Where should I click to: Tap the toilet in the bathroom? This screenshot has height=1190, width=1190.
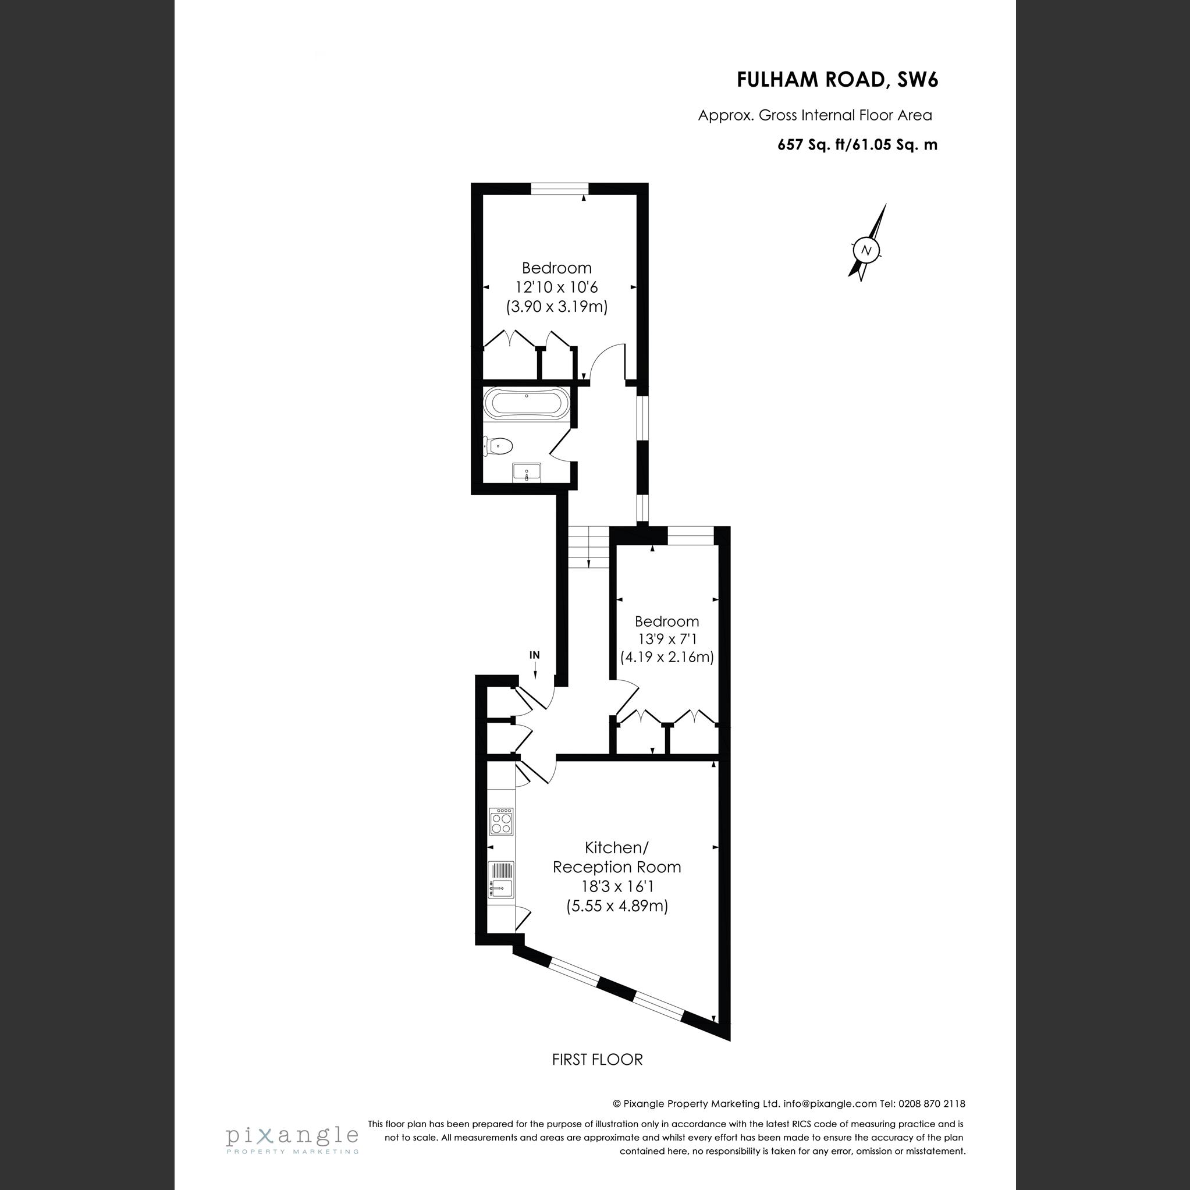pos(498,446)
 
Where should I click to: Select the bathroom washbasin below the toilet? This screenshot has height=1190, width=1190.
pos(527,473)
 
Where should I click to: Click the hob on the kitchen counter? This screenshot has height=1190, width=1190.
pos(501,822)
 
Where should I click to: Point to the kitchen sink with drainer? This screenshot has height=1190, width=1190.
pos(501,881)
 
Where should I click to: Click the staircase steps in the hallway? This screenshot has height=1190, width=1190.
pos(588,547)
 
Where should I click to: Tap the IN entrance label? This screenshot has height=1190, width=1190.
pos(535,655)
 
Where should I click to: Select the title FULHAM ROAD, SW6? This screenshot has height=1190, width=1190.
pos(837,80)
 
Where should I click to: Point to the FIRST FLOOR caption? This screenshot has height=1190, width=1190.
pos(597,1060)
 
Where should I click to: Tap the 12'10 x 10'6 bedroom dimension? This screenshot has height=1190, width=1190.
pos(556,287)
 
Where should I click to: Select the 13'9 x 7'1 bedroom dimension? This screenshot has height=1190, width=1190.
pos(667,640)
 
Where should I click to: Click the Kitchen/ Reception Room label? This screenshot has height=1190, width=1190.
pos(617,857)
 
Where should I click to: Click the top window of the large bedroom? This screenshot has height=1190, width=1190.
pos(559,189)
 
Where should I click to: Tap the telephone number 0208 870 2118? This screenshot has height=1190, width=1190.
pos(931,1104)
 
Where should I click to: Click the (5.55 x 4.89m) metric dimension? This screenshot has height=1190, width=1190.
pos(617,906)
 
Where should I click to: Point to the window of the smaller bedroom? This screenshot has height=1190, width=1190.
pos(691,535)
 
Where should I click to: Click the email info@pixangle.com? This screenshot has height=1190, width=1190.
pos(830,1104)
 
